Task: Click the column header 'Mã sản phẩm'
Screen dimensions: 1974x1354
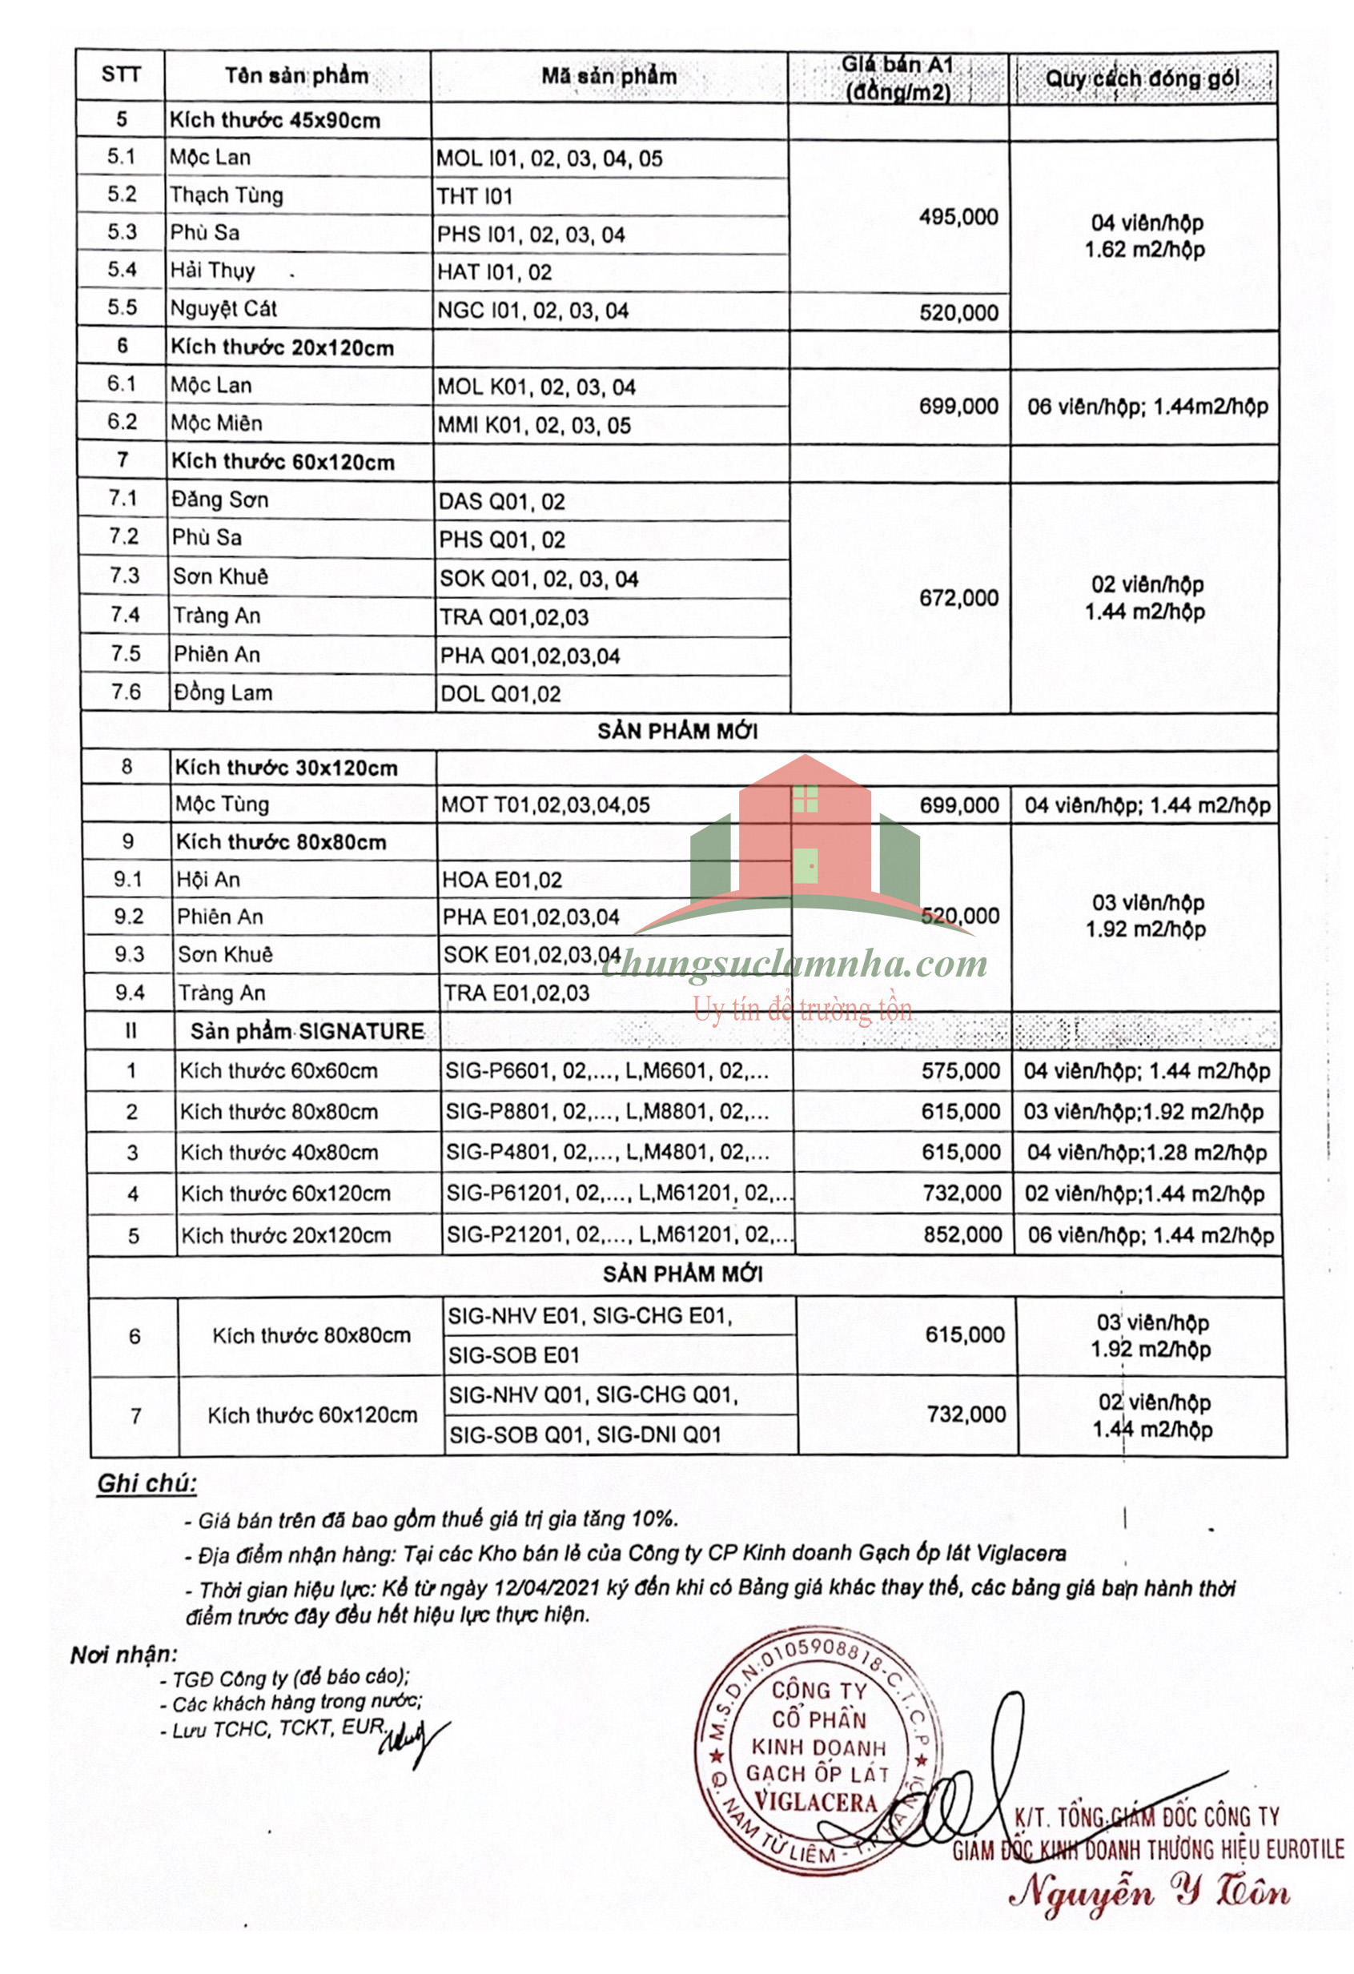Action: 609,76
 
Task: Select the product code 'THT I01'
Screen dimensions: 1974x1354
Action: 475,197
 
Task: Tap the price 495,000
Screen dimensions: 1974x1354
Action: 958,218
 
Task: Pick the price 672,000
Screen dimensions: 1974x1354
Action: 958,598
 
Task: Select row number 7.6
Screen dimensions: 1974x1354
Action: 126,692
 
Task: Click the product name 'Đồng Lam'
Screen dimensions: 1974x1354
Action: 223,693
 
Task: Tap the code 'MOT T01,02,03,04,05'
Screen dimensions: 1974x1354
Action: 545,805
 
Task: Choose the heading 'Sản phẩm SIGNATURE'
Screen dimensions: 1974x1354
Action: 307,1031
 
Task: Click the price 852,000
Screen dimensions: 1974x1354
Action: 962,1235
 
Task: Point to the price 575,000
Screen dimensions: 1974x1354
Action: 961,1071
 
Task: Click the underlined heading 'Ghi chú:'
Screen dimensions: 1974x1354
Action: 146,1484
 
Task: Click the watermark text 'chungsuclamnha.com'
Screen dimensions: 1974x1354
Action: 795,965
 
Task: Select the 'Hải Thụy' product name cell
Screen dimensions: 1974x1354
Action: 212,271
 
